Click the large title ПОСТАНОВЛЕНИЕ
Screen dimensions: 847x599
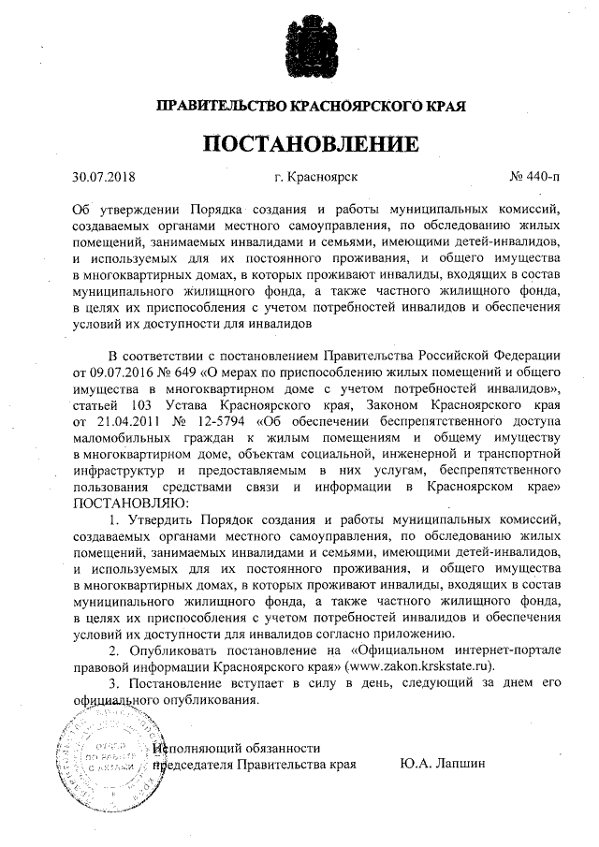310,144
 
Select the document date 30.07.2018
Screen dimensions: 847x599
104,176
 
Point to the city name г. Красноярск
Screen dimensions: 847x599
315,176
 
